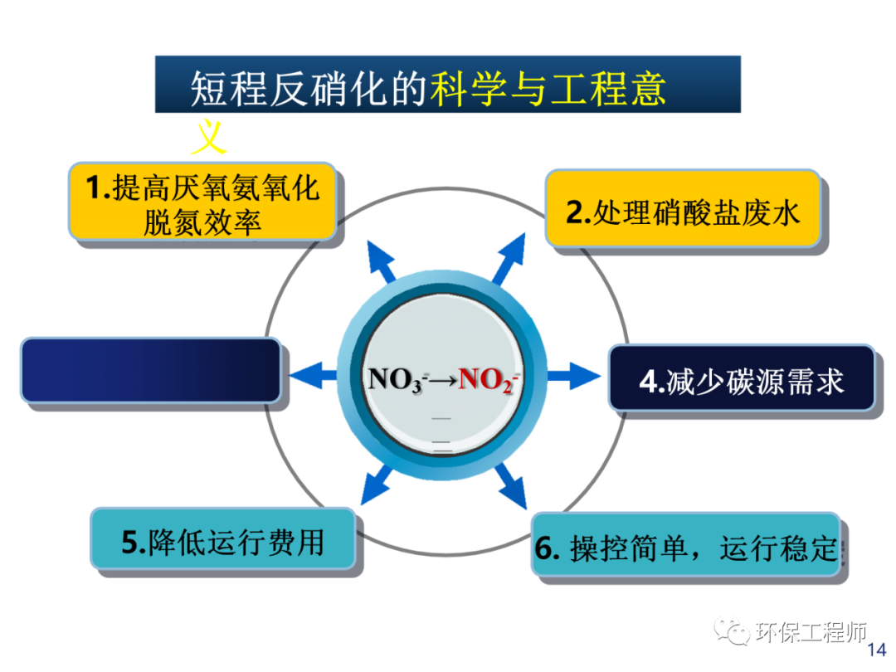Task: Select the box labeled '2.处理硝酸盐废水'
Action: (682, 212)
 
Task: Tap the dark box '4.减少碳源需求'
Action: (741, 380)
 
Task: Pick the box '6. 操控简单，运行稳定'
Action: (686, 548)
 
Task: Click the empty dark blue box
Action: (150, 370)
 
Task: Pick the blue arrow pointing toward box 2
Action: (507, 257)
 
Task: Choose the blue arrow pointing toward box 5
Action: (377, 486)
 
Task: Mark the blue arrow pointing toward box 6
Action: (509, 487)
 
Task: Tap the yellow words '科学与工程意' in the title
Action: (548, 88)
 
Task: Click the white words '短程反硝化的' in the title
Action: (308, 88)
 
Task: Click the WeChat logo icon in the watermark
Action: (734, 633)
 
